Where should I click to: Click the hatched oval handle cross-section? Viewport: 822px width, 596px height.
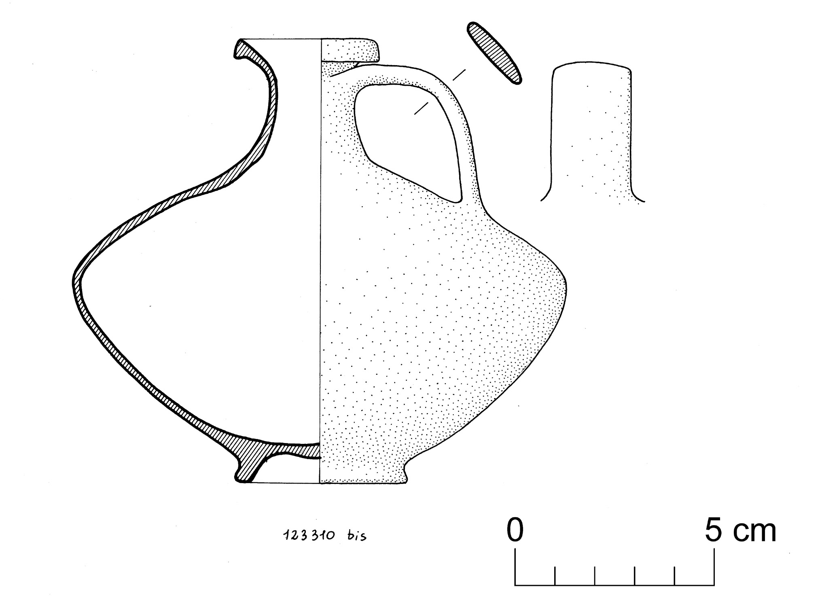494,53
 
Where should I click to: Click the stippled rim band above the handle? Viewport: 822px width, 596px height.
350,50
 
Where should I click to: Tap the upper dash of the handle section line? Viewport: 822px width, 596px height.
458,75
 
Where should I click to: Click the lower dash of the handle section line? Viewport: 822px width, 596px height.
421,108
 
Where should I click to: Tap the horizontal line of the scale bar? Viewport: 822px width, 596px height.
614,585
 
